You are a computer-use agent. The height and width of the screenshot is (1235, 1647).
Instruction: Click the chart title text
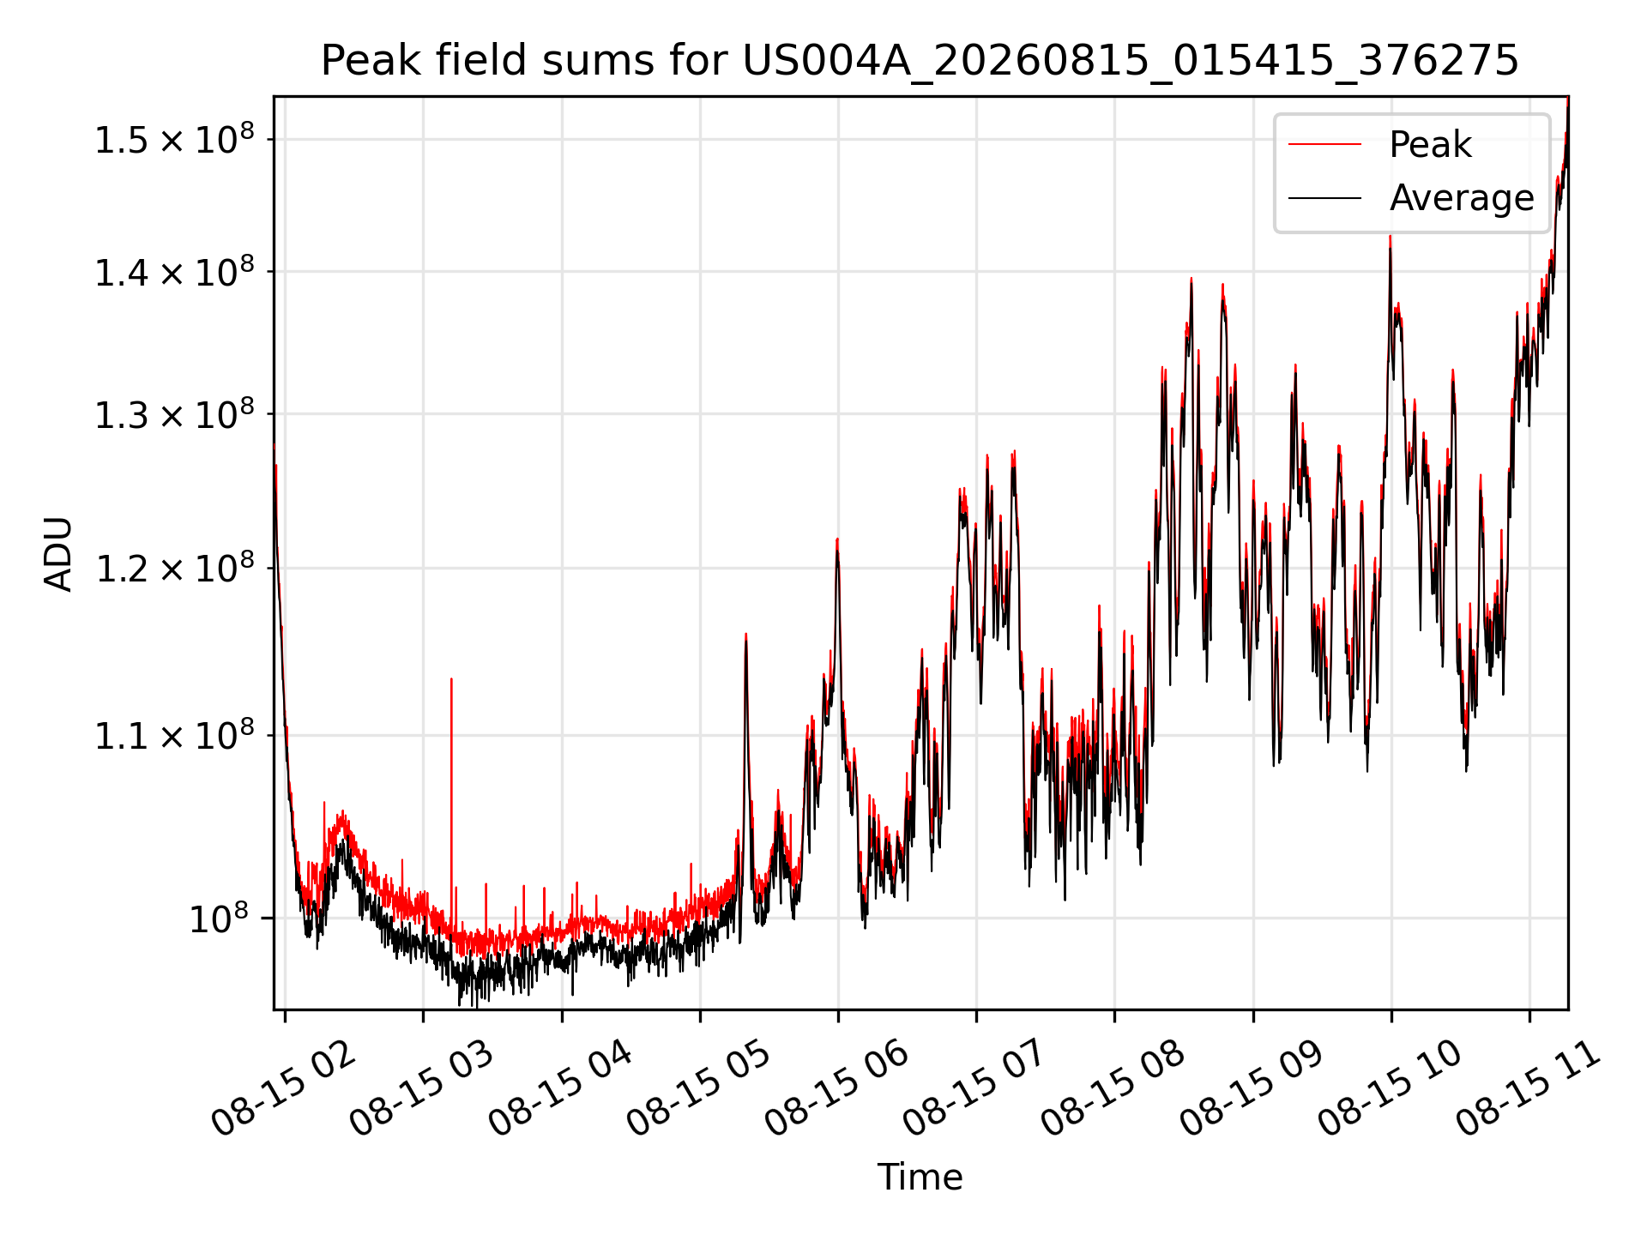(920, 61)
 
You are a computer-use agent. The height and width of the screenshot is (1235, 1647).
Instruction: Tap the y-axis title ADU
(58, 553)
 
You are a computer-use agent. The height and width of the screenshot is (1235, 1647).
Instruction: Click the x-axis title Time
(920, 1177)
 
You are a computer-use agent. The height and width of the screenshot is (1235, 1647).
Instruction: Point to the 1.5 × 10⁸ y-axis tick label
(174, 138)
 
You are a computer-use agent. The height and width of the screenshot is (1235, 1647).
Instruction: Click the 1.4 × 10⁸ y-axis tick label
(174, 271)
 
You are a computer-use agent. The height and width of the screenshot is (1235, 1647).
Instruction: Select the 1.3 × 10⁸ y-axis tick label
(174, 413)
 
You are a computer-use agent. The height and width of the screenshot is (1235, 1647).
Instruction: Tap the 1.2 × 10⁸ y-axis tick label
(174, 567)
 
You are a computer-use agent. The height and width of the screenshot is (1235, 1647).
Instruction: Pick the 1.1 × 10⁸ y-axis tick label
(174, 734)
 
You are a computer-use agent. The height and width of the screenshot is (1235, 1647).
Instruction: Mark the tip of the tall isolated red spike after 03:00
(451, 678)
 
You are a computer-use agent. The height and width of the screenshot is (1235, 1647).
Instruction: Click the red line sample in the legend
(1324, 144)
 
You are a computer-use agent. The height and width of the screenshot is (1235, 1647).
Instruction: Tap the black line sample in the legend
(1324, 198)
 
